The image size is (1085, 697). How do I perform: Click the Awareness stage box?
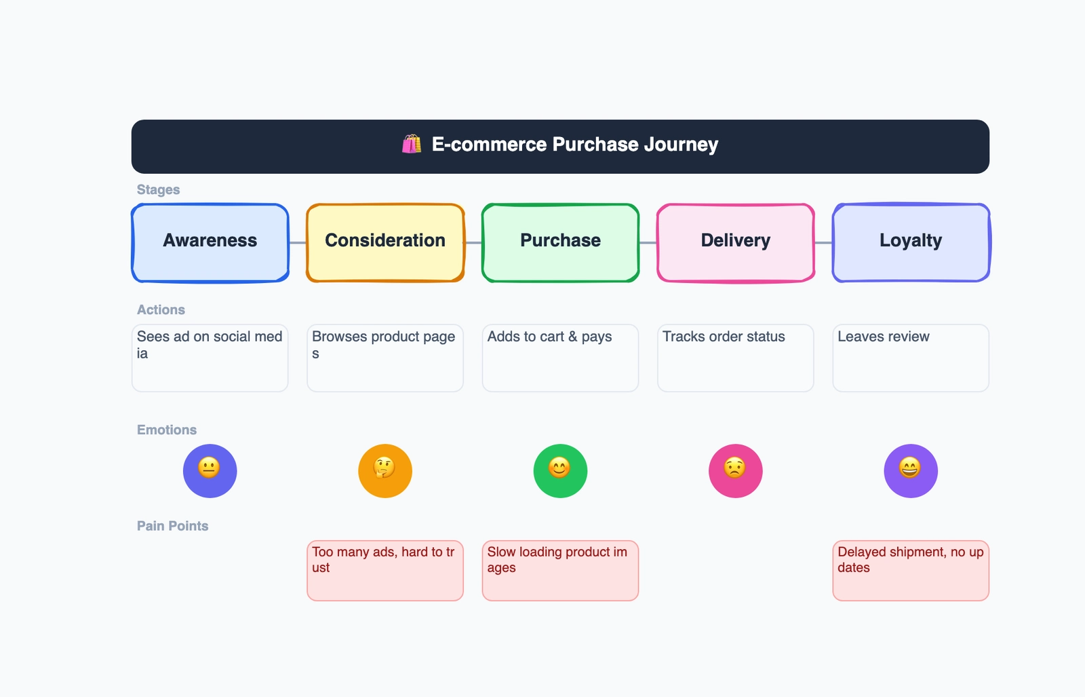(x=210, y=242)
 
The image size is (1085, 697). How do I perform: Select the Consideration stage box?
(x=385, y=242)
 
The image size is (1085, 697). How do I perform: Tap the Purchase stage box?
(x=560, y=242)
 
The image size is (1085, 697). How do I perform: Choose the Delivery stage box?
(x=736, y=242)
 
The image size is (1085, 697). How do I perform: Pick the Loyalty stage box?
(x=911, y=242)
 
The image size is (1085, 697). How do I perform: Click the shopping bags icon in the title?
(x=412, y=144)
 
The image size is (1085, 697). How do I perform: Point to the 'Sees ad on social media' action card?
(x=210, y=358)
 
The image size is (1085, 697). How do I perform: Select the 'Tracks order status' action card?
(x=736, y=358)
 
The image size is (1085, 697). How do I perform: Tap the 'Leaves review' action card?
(x=911, y=358)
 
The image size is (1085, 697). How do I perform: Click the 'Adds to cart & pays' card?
(x=560, y=358)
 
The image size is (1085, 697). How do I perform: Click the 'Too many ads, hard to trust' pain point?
(x=385, y=570)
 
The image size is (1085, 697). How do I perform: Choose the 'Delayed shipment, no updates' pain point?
(x=911, y=570)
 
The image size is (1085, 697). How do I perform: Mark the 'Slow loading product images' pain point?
(x=560, y=570)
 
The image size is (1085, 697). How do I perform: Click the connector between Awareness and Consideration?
(x=298, y=242)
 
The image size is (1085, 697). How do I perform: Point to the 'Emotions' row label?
(x=167, y=430)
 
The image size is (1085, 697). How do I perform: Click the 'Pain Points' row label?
(x=172, y=526)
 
